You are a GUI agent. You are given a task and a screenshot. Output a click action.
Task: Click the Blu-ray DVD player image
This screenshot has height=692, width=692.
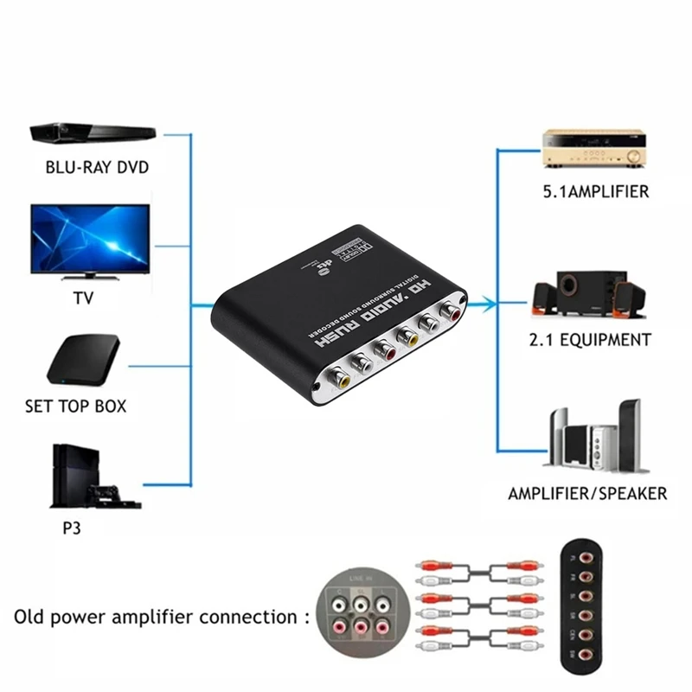[83, 133]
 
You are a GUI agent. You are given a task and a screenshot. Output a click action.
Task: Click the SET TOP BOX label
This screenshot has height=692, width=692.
[86, 405]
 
